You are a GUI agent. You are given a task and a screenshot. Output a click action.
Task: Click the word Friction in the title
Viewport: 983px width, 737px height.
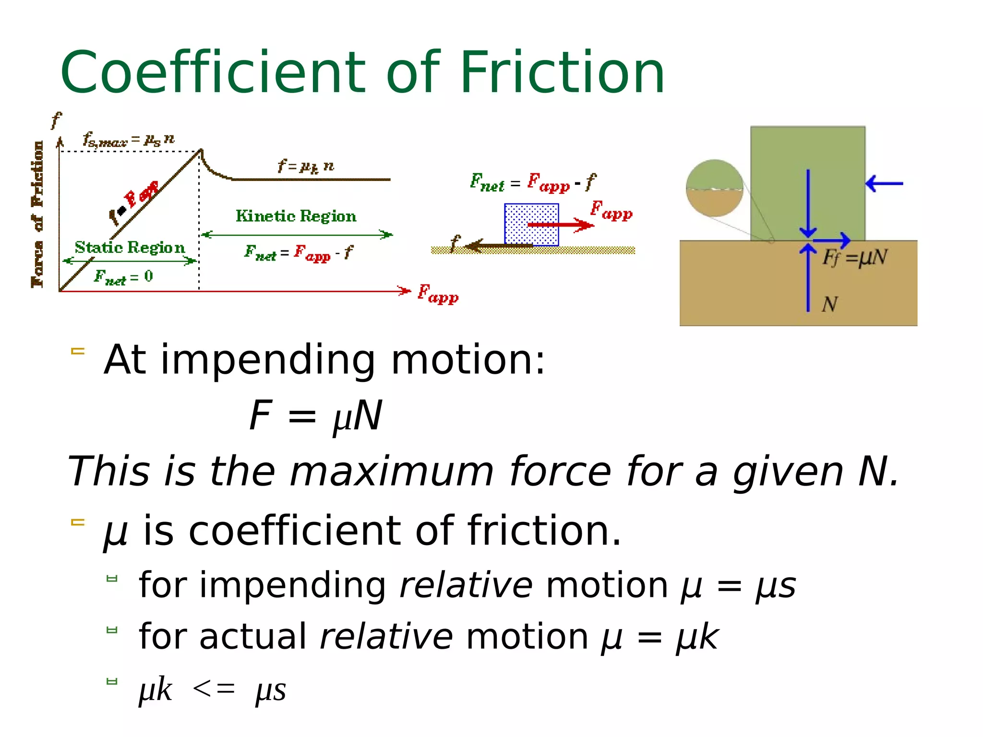[562, 73]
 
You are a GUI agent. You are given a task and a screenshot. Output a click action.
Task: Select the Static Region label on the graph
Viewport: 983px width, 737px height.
[130, 248]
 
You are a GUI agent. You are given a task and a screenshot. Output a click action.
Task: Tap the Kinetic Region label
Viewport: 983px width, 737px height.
[296, 216]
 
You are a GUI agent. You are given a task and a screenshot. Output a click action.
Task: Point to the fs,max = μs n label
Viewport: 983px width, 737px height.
[128, 140]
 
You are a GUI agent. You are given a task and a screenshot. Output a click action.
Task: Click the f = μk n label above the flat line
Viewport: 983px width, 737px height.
[306, 166]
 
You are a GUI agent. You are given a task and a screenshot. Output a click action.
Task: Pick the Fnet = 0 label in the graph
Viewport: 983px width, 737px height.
[123, 277]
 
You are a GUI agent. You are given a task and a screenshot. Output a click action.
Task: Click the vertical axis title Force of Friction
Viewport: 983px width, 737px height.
[37, 214]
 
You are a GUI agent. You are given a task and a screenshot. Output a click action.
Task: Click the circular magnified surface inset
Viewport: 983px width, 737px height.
[714, 188]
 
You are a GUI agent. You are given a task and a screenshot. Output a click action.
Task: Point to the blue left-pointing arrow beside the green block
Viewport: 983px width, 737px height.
[884, 183]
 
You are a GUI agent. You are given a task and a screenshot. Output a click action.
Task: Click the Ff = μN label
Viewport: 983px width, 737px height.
[854, 258]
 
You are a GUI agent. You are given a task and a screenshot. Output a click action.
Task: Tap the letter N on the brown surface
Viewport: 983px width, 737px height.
[829, 304]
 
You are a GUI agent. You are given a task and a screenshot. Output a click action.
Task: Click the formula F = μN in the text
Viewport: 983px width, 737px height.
[316, 416]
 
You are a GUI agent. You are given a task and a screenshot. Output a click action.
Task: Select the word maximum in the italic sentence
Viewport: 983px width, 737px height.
[391, 471]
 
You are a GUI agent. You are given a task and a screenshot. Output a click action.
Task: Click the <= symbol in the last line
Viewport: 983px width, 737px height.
[214, 690]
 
